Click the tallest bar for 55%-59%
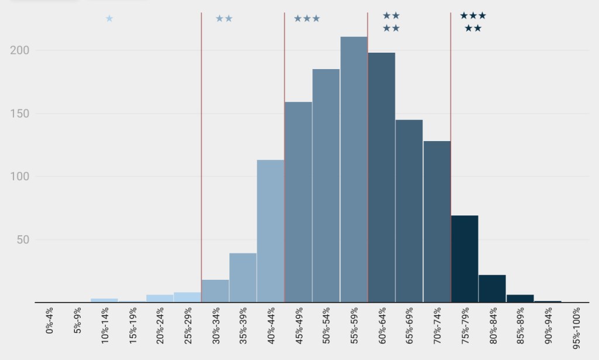tap(354, 170)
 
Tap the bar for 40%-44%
tap(270, 231)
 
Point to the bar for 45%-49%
tap(298, 202)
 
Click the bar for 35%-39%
tap(243, 277)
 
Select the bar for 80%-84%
tap(492, 289)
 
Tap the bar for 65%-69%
tap(409, 211)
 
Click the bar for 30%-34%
tap(215, 291)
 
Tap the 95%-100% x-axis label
tap(576, 331)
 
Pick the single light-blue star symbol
tap(109, 19)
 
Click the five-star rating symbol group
tap(473, 22)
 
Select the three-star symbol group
tap(307, 19)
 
